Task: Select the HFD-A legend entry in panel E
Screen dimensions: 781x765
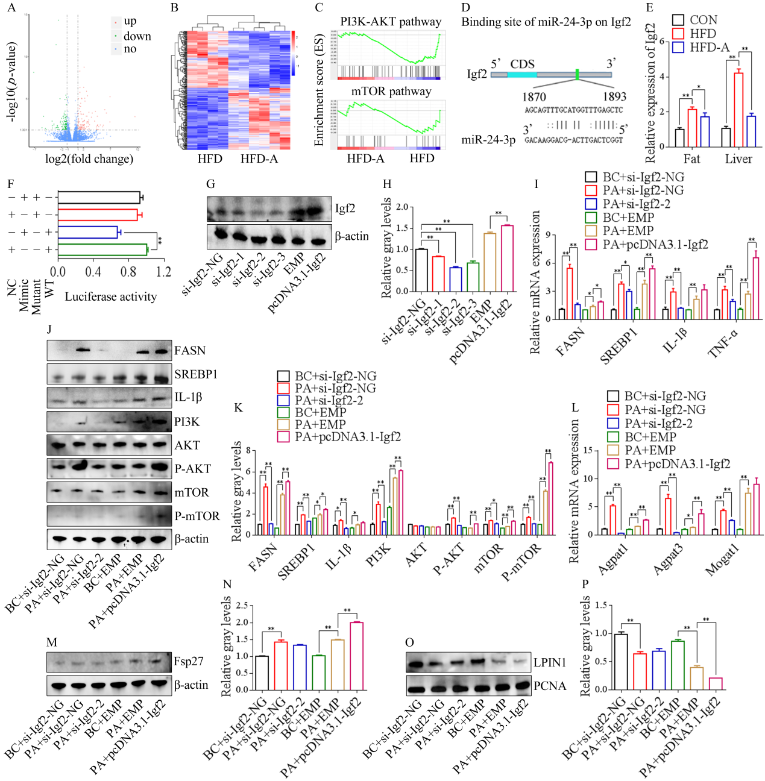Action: tap(709, 47)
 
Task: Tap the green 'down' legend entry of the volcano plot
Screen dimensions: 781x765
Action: tap(137, 36)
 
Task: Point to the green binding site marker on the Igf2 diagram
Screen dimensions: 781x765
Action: tap(577, 75)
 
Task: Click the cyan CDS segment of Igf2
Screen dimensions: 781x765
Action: tap(521, 75)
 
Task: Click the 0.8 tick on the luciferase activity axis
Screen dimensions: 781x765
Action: tap(128, 272)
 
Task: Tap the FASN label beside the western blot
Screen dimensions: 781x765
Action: tap(190, 350)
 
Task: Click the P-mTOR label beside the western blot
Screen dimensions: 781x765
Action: tap(197, 516)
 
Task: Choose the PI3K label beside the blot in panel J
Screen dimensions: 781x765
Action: tap(187, 422)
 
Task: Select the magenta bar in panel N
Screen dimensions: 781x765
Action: tap(356, 656)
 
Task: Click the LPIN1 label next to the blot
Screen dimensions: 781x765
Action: tap(550, 662)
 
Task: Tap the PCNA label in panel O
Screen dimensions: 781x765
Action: tap(550, 686)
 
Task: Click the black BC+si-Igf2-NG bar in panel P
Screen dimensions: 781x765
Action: tap(620, 662)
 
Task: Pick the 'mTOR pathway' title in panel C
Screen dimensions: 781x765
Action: tap(391, 91)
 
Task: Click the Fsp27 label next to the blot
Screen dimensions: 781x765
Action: tap(188, 661)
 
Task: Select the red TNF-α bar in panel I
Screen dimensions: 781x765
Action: tap(725, 304)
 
